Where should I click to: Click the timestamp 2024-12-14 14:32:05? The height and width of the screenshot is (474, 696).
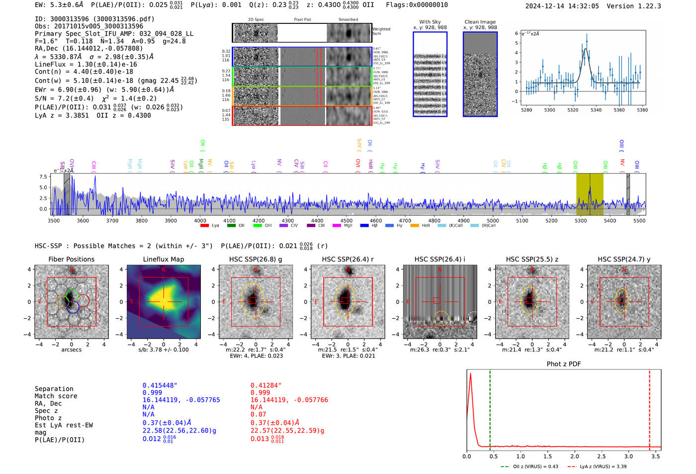(562, 6)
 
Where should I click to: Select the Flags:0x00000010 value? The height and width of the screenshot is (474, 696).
(417, 5)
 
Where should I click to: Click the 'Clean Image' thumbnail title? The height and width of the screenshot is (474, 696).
(480, 22)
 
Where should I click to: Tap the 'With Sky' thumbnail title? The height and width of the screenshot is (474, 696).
(430, 22)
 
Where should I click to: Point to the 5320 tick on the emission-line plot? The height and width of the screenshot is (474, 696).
(573, 110)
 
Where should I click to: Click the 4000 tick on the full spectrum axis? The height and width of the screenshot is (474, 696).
(200, 221)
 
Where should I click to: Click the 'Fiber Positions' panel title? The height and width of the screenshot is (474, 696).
(71, 259)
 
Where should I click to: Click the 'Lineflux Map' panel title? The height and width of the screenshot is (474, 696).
(163, 259)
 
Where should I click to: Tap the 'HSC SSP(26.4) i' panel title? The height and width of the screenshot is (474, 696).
(439, 259)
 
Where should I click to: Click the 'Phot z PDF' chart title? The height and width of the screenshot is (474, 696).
(563, 364)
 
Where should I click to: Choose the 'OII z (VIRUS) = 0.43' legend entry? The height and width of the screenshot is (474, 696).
(530, 467)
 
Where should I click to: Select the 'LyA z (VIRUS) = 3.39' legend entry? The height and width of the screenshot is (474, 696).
(597, 467)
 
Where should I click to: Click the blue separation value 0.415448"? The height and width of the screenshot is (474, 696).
(160, 385)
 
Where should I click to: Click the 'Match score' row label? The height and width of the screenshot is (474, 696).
(56, 396)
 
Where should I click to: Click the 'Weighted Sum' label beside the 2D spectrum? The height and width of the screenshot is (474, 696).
(381, 31)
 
